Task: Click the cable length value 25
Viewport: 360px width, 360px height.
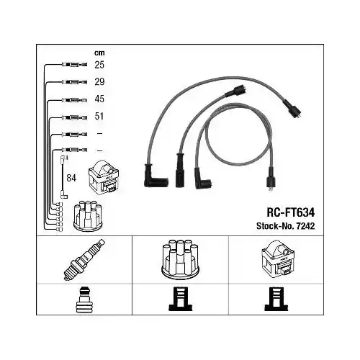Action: [x=99, y=65]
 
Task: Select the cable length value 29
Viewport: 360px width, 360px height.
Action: [x=99, y=82]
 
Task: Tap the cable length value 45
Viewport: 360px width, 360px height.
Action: [x=99, y=99]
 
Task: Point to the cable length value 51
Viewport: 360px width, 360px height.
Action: [x=99, y=116]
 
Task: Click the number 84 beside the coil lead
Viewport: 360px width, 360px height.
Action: [x=71, y=178]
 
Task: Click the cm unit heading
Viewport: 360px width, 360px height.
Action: [x=99, y=53]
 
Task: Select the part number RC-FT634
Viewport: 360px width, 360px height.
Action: [x=291, y=212]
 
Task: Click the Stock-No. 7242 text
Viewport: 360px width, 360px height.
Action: [x=285, y=226]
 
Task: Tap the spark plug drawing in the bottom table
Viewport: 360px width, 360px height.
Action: [x=84, y=260]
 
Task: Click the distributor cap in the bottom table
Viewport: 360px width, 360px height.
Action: [x=180, y=259]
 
